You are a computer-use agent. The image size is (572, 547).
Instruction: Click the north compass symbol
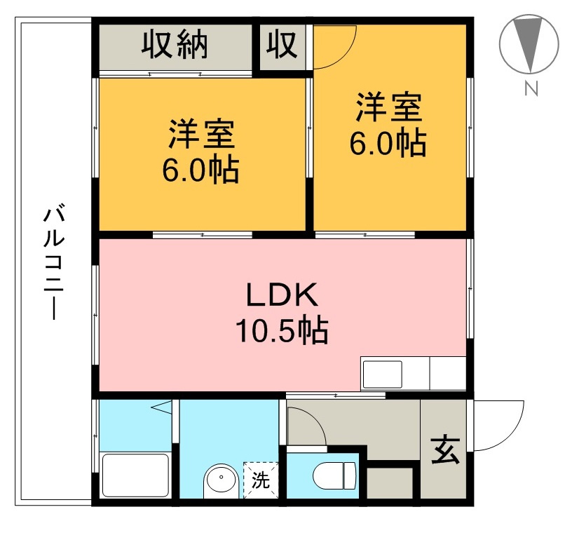click(529, 43)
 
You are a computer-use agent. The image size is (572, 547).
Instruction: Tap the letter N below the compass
click(531, 89)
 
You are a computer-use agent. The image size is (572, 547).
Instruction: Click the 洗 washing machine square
click(261, 481)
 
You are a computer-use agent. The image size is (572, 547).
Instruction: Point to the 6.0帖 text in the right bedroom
click(388, 143)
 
